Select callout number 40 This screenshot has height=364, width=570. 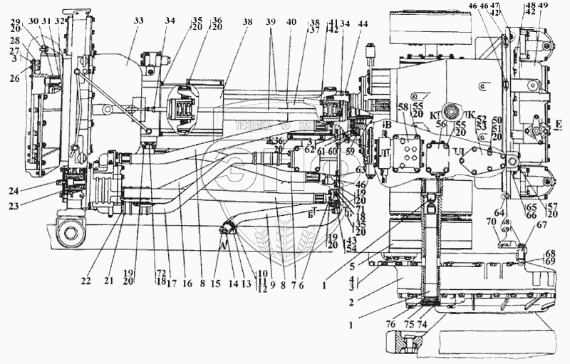click(x=291, y=23)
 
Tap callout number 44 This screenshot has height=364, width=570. click(x=364, y=23)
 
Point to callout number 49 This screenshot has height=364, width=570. click(x=544, y=6)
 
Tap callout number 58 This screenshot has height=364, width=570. click(x=403, y=107)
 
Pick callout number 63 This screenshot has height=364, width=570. click(x=361, y=170)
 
